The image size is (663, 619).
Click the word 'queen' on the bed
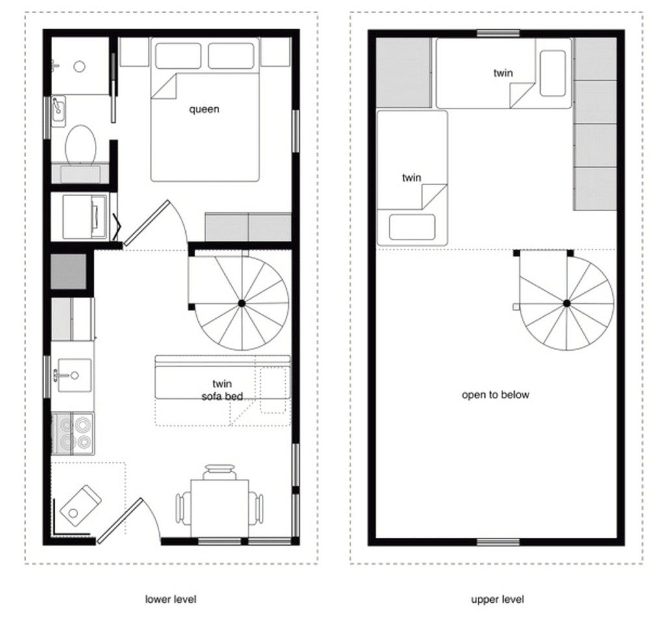[204, 109]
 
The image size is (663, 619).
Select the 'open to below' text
[495, 394]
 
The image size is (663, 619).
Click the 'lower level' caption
[170, 599]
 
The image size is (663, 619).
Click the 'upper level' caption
[497, 599]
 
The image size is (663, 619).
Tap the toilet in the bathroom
[81, 144]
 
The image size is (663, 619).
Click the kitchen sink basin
[73, 375]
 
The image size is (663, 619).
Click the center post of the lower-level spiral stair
[242, 303]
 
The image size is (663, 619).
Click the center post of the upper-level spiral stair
[567, 303]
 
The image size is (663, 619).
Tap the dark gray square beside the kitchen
[68, 272]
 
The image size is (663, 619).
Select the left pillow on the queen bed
[177, 56]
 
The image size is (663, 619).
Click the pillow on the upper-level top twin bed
[552, 73]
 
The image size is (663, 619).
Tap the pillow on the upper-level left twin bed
[412, 227]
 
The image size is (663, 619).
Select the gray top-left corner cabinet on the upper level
[404, 72]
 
